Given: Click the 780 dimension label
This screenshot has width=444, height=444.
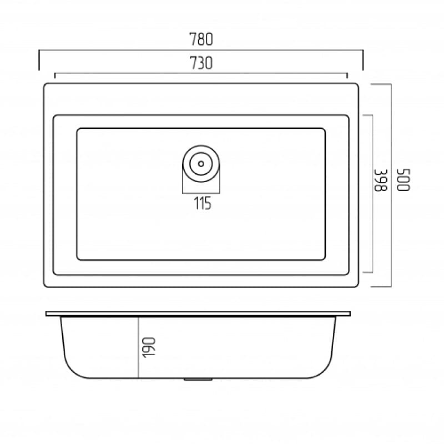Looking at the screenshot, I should coord(201,40).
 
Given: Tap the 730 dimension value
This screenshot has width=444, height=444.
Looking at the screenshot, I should coord(201,63).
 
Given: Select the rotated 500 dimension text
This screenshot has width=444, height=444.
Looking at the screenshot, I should coord(402,180).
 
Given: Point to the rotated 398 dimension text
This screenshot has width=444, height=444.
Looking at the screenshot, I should coord(380,180).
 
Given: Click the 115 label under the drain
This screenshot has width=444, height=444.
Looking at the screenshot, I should coord(203,204).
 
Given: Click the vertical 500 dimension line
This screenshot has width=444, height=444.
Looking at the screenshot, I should coord(391,233).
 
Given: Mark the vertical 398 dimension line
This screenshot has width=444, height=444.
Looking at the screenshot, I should coord(371,233).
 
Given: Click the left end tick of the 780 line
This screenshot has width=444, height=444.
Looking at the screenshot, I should coord(39,60).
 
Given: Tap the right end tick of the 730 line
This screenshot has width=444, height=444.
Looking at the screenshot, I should coord(347,75).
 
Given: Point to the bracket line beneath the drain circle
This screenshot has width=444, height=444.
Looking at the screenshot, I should coord(201,192).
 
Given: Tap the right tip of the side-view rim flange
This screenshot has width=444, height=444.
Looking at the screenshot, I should coord(350,314).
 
